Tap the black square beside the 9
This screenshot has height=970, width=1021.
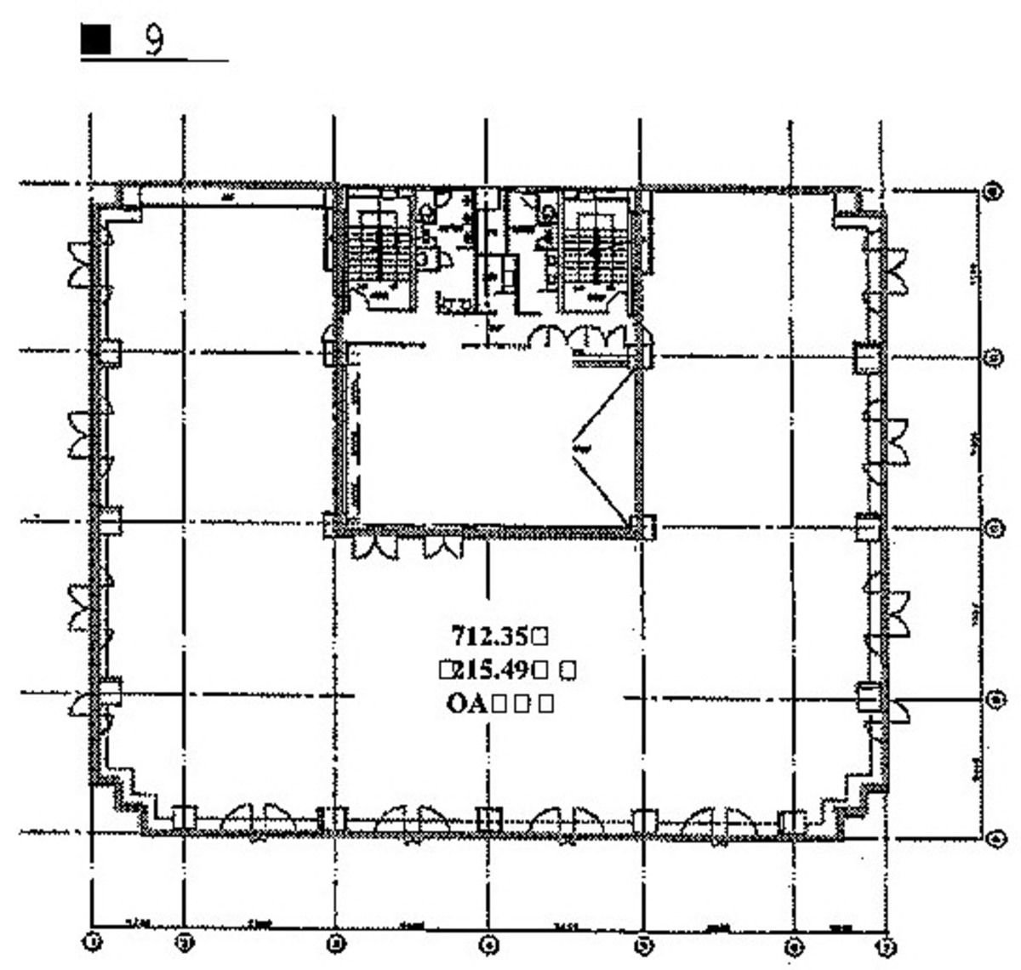click(96, 41)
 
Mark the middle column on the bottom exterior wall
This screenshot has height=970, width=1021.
click(488, 819)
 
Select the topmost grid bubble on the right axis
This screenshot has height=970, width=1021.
click(991, 191)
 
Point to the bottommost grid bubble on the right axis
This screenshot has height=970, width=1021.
click(991, 839)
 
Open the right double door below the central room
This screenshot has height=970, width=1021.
click(443, 546)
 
